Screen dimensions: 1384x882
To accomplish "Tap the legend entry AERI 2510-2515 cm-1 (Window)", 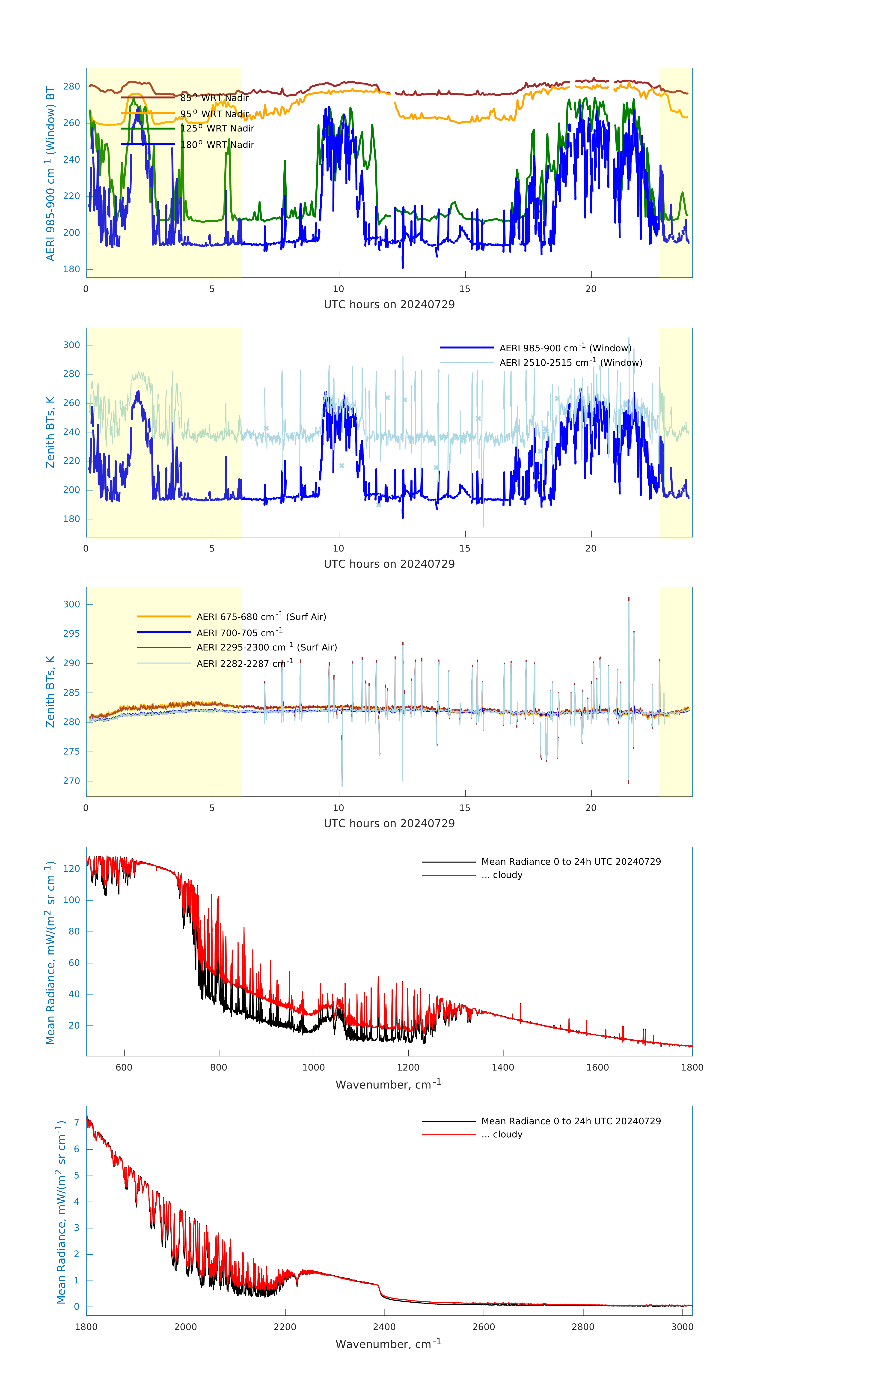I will tap(570, 363).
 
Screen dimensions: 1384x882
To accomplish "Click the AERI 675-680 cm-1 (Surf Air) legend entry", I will tap(261, 617).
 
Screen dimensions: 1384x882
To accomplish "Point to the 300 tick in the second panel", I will tap(72, 345).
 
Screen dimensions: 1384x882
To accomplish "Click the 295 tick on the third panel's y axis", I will tap(72, 633).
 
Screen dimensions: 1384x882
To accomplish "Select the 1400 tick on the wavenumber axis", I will tap(503, 1067).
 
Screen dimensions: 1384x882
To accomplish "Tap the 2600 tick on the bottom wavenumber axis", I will tap(483, 1327).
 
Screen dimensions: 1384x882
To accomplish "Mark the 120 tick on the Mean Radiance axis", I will tap(72, 868).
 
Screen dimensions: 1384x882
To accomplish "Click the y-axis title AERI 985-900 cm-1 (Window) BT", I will tap(50, 173).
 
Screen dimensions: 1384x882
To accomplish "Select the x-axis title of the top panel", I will tap(389, 305).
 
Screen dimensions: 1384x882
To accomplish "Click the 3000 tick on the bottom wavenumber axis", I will tap(682, 1327).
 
